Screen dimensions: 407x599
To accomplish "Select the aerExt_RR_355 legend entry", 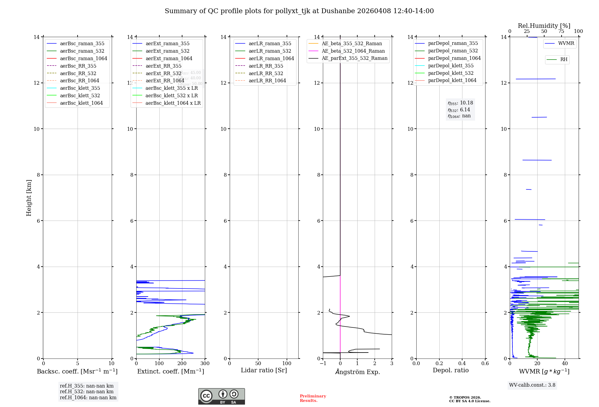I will click(x=163, y=66).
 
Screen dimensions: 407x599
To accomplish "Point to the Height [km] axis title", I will click(x=29, y=198).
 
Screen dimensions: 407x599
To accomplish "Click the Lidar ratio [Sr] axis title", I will click(x=264, y=370).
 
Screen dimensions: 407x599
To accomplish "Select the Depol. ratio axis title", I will click(x=451, y=370).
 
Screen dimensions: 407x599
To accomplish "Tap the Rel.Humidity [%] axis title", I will click(x=544, y=26).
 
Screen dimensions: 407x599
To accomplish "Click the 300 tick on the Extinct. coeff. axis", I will click(x=205, y=364).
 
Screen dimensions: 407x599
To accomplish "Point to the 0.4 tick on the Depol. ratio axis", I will click(x=462, y=364).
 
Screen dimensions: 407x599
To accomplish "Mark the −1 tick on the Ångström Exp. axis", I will click(x=323, y=364).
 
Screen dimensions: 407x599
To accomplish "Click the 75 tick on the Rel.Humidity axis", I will click(x=561, y=31).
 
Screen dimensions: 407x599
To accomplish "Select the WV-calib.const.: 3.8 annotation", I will click(x=532, y=385).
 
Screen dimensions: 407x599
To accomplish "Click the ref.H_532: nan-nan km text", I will click(x=87, y=392).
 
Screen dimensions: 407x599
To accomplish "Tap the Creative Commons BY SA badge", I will click(x=221, y=397).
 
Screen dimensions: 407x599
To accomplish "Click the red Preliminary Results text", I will click(x=313, y=398).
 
